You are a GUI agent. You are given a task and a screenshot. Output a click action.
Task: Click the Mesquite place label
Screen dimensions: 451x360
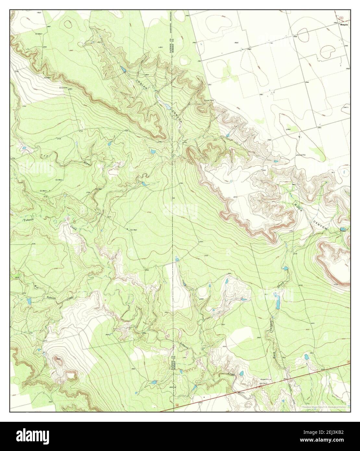pos(344,24)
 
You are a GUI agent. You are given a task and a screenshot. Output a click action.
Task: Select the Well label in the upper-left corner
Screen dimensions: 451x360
pos(39,13)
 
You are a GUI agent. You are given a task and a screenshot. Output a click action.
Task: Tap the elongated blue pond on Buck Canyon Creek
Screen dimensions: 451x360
pos(278,301)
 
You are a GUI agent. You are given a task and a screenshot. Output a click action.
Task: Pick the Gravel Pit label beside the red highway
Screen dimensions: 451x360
pos(266,379)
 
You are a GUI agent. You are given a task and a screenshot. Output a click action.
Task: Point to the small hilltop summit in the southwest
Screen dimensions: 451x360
pos(59,360)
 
